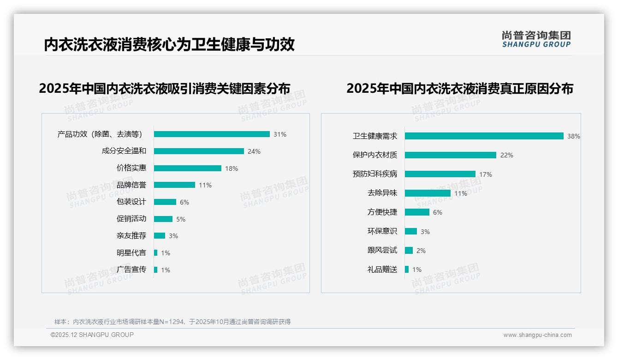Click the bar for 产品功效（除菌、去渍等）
[x=212, y=134]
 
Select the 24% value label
[x=254, y=151]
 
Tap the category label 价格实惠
[x=131, y=168]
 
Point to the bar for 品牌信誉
[x=174, y=185]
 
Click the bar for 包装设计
[x=165, y=202]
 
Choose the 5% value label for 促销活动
[x=181, y=219]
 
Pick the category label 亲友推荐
[x=131, y=236]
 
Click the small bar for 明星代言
[x=156, y=253]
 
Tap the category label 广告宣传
[x=131, y=270]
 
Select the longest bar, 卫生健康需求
[x=484, y=136]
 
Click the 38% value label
[x=574, y=136]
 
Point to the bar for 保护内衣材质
[x=451, y=155]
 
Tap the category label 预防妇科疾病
[x=375, y=174]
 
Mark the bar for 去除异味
[x=428, y=193]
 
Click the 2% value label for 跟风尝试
[x=421, y=251]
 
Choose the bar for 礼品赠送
[x=407, y=270]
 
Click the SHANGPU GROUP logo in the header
[x=536, y=39]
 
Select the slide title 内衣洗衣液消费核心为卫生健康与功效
[x=169, y=45]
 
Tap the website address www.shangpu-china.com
[x=537, y=335]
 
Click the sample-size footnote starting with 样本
[x=172, y=322]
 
